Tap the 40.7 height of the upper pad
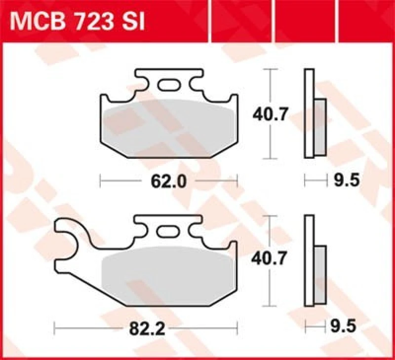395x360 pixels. [x=270, y=115]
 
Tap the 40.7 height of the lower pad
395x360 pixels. [x=270, y=258]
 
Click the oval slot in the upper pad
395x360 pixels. [x=169, y=85]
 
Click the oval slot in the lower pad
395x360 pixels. [x=168, y=231]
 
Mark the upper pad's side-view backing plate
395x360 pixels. [x=309, y=113]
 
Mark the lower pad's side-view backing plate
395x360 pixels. [x=309, y=261]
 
